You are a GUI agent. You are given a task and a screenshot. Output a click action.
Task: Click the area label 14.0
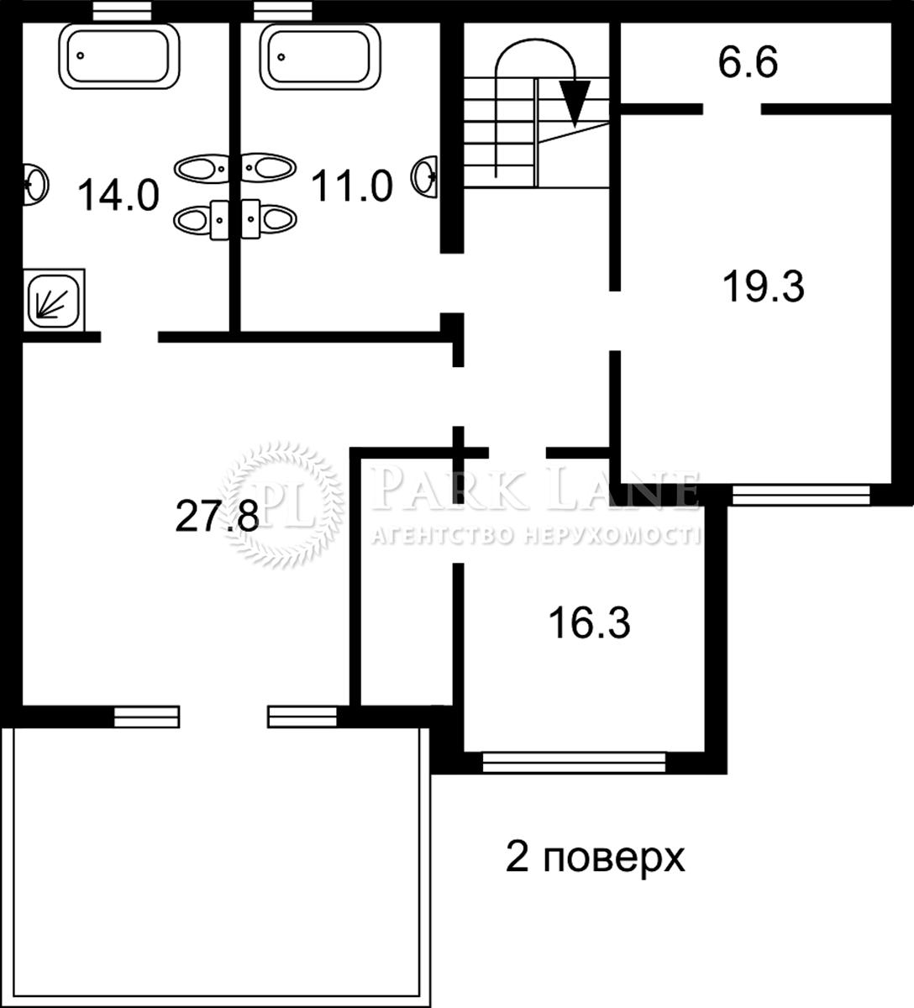118,195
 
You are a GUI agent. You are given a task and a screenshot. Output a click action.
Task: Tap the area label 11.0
352,185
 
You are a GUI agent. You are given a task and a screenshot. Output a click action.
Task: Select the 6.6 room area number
748,63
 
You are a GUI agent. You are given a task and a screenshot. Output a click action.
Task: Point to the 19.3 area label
764,286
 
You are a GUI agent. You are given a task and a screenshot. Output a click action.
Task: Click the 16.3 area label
589,623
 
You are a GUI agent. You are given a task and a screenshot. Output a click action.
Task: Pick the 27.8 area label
217,515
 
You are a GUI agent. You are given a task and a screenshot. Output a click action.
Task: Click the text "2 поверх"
595,858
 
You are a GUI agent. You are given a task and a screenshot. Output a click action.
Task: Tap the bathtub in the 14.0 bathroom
118,55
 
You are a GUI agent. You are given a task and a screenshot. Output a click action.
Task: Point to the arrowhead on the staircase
575,102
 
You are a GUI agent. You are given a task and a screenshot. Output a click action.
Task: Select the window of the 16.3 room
575,761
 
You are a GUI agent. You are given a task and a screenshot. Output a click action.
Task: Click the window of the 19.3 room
801,495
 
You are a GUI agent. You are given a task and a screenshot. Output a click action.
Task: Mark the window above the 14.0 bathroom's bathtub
122,10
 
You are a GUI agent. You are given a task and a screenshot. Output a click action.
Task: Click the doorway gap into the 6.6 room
732,108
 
